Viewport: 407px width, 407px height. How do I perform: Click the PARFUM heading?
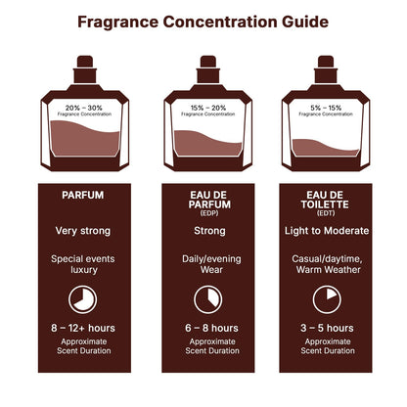point(82,195)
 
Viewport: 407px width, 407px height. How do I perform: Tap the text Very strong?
point(82,231)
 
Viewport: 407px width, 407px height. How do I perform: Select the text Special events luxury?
point(82,265)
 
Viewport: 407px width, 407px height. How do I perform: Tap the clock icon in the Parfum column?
point(82,297)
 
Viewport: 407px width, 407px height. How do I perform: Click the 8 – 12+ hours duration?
point(82,328)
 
